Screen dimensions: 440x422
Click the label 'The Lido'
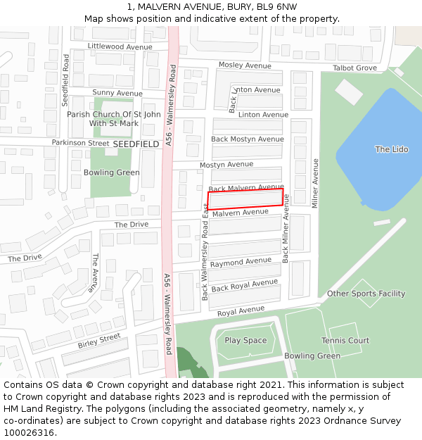[391, 149]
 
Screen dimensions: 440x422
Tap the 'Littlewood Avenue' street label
[120, 46]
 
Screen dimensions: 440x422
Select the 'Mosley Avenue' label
[245, 65]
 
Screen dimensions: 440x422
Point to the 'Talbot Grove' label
[354, 68]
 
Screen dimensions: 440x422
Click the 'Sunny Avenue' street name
[117, 93]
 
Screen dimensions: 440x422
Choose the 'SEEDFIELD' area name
[136, 144]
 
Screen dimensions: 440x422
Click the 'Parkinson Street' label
[80, 143]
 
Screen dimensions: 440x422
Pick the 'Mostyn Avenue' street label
[226, 165]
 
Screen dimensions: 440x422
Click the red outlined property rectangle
[245, 198]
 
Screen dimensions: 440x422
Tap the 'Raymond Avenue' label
[241, 262]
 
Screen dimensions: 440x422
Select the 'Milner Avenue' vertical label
[315, 183]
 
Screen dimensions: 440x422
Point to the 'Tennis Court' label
[345, 341]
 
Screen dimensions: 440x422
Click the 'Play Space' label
[245, 341]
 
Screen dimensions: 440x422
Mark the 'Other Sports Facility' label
[366, 294]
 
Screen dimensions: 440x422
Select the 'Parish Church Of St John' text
[113, 114]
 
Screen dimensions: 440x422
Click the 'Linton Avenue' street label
[263, 115]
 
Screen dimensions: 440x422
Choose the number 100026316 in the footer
[29, 432]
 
